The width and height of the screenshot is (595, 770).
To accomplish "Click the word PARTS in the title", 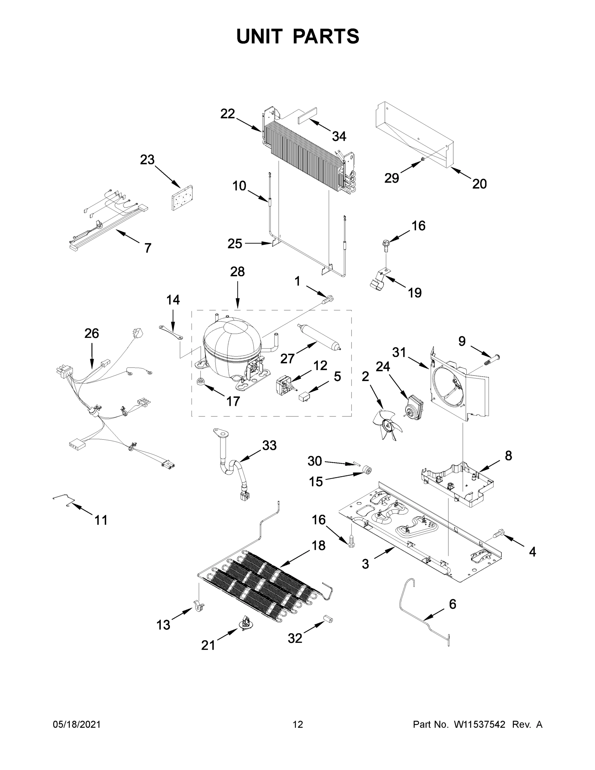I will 326,36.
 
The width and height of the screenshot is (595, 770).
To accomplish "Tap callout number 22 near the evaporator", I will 227,114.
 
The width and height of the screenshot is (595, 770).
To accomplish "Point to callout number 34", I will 339,136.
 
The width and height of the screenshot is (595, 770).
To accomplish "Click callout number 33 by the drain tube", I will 269,445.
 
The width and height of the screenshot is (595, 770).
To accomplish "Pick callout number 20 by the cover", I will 480,184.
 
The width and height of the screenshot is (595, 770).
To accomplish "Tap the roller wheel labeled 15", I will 367,470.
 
